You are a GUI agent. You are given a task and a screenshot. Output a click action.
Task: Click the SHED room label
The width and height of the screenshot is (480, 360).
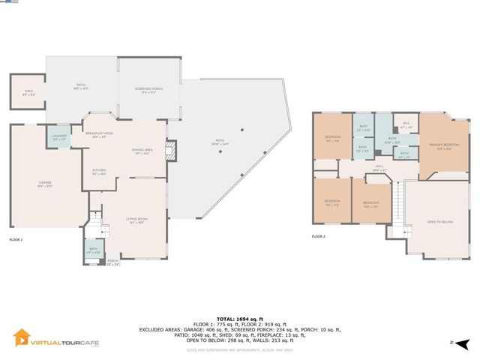click(x=28, y=92)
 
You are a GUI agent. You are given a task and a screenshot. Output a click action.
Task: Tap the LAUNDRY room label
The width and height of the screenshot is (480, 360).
click(x=59, y=136)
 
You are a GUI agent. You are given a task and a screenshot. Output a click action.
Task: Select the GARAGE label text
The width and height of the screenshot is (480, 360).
click(x=46, y=182)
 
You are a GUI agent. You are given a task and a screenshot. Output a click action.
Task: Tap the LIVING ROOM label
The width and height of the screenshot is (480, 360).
click(x=136, y=218)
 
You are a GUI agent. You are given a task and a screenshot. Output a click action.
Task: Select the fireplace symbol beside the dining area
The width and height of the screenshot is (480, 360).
click(x=171, y=151)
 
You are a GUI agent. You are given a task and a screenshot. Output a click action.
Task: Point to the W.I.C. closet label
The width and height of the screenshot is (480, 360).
click(x=406, y=124)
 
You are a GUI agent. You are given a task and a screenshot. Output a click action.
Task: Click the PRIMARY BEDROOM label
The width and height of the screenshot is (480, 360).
click(x=444, y=144)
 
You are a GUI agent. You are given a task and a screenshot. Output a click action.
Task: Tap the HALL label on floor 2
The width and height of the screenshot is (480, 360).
click(x=379, y=166)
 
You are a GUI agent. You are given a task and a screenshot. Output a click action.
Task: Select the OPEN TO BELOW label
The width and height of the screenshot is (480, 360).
click(x=439, y=222)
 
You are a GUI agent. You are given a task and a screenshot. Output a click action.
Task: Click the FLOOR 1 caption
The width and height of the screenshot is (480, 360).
click(x=16, y=239)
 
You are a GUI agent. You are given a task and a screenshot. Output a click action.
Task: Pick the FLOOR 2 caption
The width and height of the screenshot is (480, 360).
click(x=319, y=236)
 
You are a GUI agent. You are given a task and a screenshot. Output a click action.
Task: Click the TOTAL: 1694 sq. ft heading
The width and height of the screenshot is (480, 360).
click(x=240, y=319)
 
